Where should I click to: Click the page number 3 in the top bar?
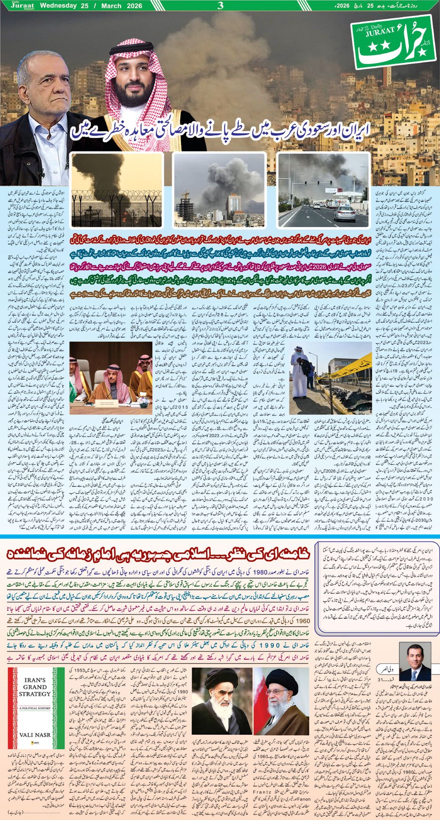220,6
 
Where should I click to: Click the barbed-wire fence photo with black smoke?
117,190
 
